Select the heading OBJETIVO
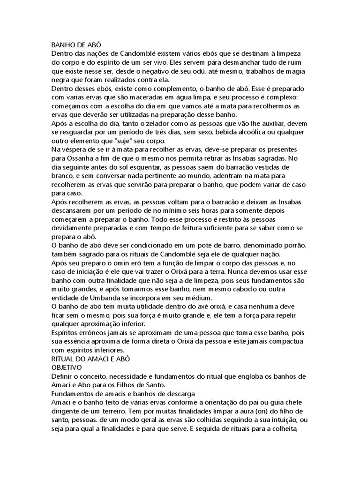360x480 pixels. (x=66, y=367)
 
